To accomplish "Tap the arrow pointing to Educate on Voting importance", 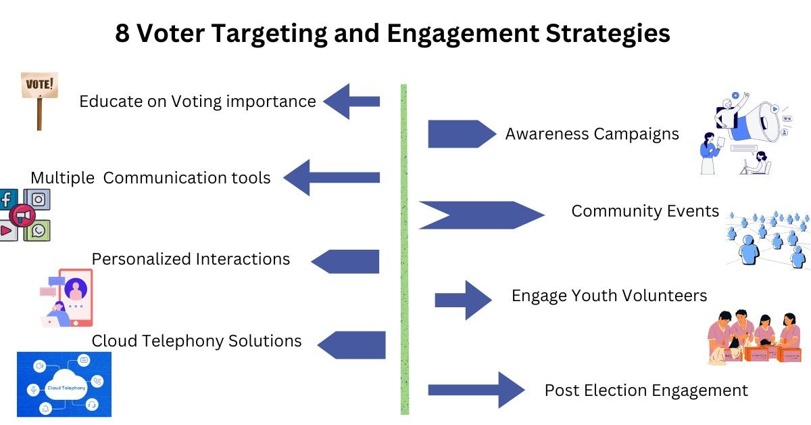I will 351,102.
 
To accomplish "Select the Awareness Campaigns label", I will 592,134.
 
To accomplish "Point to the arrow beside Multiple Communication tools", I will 331,177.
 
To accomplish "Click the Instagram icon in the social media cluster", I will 39,200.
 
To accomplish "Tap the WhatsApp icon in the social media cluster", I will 39,230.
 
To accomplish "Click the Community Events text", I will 645,211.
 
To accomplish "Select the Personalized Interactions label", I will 191,259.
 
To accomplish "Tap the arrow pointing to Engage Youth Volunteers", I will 464,300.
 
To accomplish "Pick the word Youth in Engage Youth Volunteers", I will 593,296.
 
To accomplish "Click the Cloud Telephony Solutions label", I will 197,340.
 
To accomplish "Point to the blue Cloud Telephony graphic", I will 64,384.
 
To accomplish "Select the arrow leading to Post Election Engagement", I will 476,390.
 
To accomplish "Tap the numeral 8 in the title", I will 123,33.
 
